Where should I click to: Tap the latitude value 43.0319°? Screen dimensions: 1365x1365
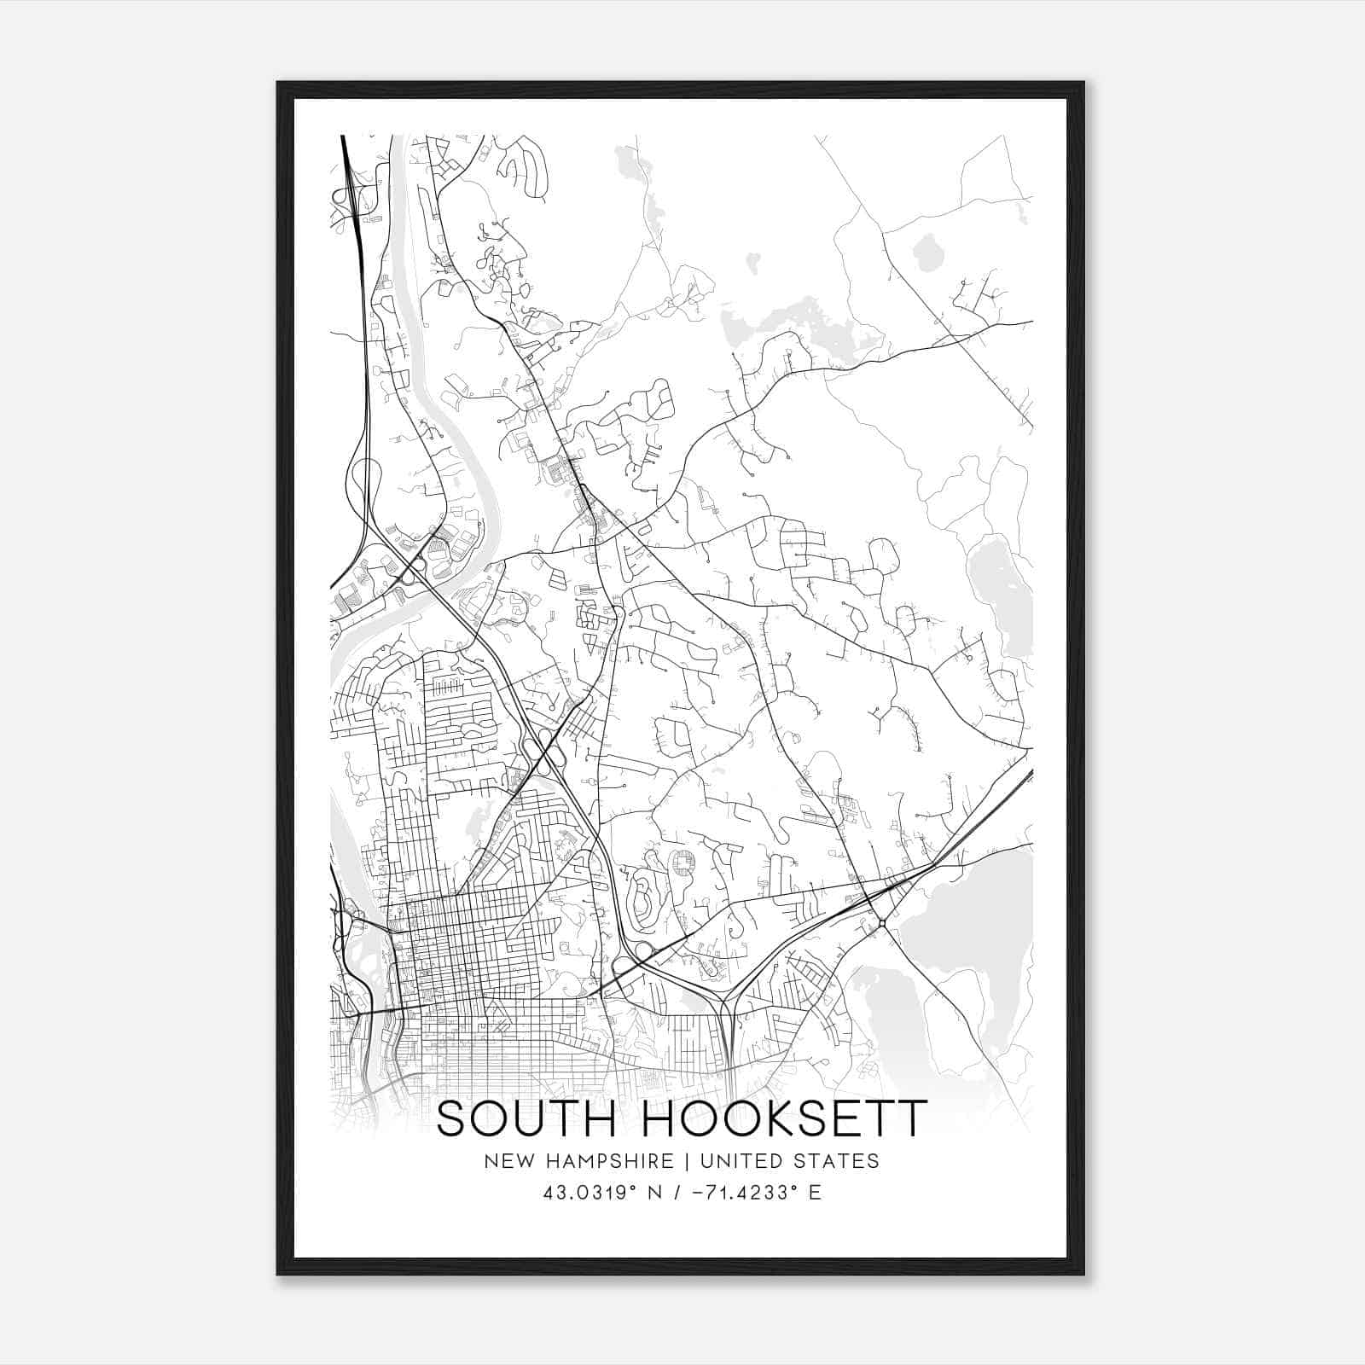[590, 1193]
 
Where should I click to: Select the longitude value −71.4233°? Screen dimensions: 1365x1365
[738, 1193]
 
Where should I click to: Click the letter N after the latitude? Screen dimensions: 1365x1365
[655, 1193]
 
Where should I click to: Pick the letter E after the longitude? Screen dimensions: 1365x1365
[816, 1193]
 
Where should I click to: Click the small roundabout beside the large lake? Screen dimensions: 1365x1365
[881, 923]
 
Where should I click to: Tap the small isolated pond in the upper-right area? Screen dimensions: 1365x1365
[924, 253]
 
